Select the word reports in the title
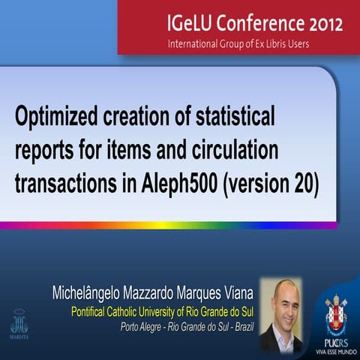tap(44, 150)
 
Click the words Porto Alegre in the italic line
tap(147, 326)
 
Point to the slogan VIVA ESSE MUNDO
tap(334, 350)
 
